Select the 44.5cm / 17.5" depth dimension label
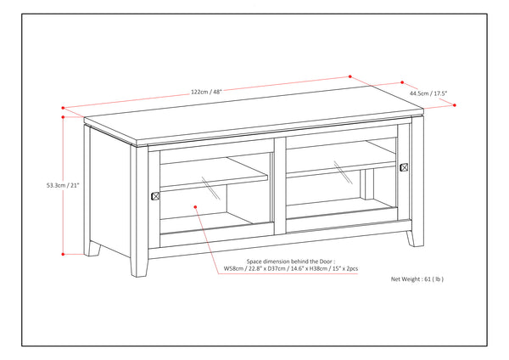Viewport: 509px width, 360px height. [x=429, y=93]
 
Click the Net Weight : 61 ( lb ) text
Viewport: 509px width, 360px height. [x=417, y=278]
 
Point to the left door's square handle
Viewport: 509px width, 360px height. [x=154, y=196]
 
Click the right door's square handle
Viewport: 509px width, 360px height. [x=405, y=167]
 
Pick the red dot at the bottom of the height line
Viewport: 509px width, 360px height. [x=64, y=254]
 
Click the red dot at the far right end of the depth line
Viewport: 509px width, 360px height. [x=455, y=104]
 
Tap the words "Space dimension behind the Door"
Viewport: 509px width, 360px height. [x=288, y=262]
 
